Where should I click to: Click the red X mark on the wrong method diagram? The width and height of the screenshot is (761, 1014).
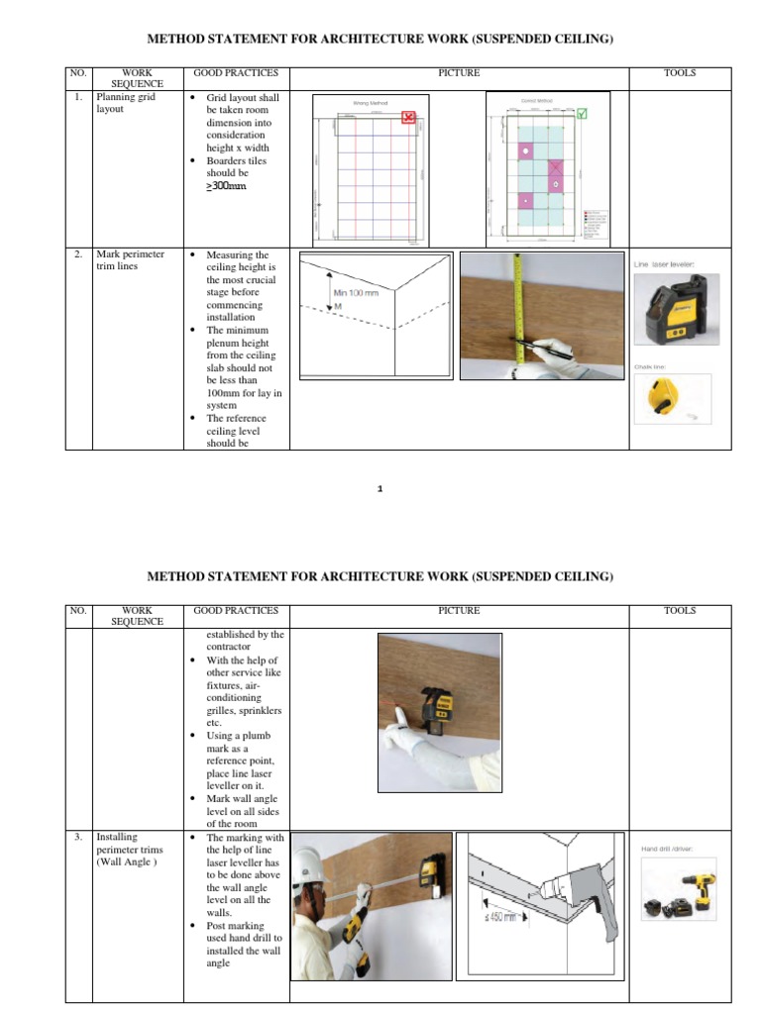[408, 118]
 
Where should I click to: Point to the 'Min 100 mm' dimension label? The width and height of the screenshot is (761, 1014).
[356, 293]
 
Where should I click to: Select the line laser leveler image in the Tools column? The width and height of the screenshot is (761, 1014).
[673, 311]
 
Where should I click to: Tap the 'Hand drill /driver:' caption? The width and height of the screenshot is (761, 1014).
[668, 849]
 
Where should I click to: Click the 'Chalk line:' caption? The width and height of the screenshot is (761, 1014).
[650, 367]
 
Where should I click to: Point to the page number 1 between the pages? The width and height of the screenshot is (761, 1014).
[380, 489]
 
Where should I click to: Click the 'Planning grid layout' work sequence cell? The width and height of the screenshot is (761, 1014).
[126, 104]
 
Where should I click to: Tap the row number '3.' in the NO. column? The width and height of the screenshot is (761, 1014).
[77, 838]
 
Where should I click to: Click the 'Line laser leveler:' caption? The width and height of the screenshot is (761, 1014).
[665, 264]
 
